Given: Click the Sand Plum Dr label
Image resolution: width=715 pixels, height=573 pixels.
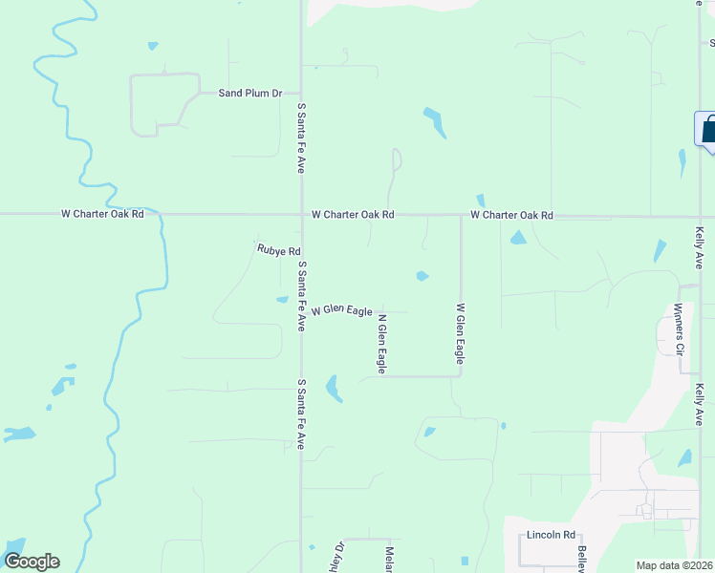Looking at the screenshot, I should pos(250,93).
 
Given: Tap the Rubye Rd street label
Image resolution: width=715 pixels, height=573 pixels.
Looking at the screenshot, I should pos(279,250).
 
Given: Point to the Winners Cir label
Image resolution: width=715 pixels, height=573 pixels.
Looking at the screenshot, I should pos(679,330).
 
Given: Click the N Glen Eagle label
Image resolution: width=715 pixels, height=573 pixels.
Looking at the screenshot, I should pos(381,343).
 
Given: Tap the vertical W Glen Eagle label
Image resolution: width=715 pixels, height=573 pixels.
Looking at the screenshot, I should pos(460,333).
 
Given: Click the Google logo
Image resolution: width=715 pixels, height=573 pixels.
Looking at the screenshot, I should pos(32,562).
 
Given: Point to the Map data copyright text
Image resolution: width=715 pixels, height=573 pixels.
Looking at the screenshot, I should pos(675,565).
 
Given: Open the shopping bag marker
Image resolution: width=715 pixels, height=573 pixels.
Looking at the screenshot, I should pos(707,130).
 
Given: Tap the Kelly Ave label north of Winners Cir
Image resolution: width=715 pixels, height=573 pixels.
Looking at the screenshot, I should pos(700,248).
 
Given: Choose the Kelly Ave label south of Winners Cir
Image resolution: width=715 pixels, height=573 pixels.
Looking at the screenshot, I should pos(700,405).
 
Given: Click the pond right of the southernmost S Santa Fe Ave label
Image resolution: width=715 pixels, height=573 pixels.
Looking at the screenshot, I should pos(334,388).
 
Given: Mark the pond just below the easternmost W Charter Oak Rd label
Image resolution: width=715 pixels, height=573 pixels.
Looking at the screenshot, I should pos(517,237).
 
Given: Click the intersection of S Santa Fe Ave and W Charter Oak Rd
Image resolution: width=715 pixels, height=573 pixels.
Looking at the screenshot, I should pos(302,214).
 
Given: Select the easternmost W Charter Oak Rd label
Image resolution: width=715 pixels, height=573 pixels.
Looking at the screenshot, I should pos(512,215).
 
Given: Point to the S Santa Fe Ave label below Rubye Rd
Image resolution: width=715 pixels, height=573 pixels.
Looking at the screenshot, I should pos(301,296).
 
